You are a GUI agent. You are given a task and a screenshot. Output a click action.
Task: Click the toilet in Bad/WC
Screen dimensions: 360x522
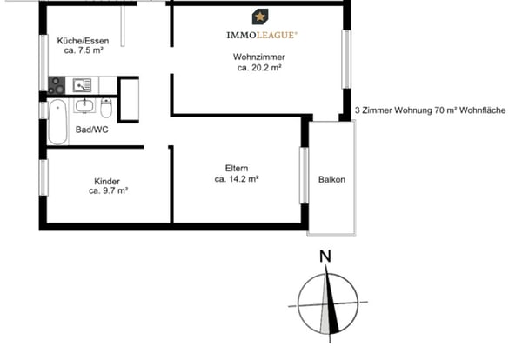pyautogui.click(x=105, y=110)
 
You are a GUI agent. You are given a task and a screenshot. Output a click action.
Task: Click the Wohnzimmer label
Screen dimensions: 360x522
pyautogui.click(x=259, y=57)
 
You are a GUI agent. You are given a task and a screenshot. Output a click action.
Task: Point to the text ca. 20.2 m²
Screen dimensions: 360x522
pyautogui.click(x=259, y=68)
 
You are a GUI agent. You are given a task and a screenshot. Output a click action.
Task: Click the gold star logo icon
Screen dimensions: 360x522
pyautogui.click(x=259, y=17)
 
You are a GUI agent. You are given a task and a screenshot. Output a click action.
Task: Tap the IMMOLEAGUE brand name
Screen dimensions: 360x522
pyautogui.click(x=261, y=35)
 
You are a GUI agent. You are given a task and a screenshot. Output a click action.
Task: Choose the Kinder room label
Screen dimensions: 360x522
pyautogui.click(x=108, y=182)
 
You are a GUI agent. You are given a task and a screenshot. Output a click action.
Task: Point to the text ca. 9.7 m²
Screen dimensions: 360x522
pyautogui.click(x=108, y=191)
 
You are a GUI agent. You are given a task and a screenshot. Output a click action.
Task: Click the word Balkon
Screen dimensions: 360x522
pyautogui.click(x=331, y=180)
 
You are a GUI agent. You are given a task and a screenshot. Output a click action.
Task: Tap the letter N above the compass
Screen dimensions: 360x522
pyautogui.click(x=325, y=257)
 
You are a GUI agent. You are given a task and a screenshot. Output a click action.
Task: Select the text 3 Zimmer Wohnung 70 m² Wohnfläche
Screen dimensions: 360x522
pyautogui.click(x=436, y=111)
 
